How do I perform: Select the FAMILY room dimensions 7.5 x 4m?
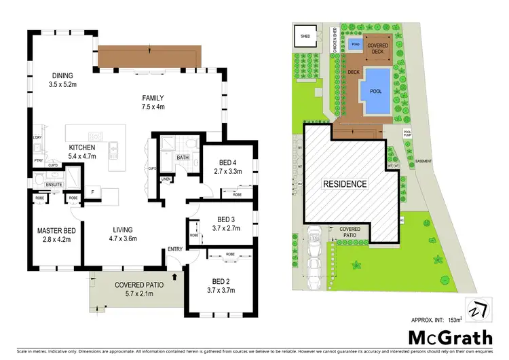(154, 107)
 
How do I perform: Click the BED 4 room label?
(228, 162)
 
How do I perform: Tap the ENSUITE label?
(54, 183)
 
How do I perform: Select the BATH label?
(183, 158)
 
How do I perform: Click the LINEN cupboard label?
(166, 180)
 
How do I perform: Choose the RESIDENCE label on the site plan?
(344, 183)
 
